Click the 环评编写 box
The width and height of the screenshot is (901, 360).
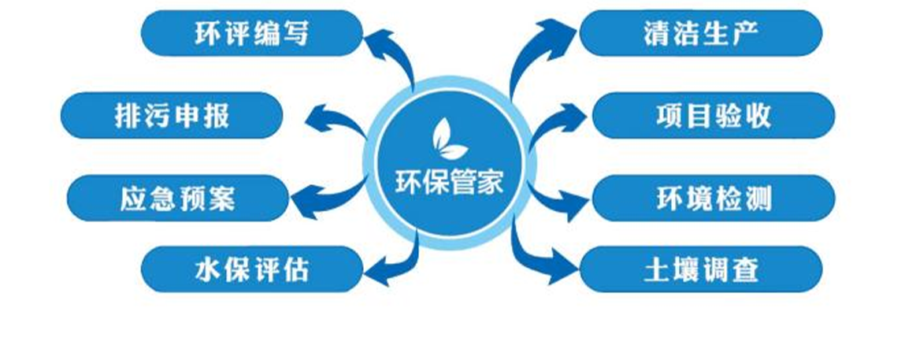click(x=251, y=33)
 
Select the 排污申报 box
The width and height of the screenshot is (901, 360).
click(x=171, y=116)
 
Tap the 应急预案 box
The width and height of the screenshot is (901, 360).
click(x=176, y=198)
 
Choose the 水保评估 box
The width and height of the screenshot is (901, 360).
click(x=251, y=269)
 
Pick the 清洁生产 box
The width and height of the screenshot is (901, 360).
click(x=700, y=33)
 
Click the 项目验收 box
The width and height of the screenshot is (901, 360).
click(x=713, y=116)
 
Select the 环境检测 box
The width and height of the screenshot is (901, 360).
click(x=713, y=198)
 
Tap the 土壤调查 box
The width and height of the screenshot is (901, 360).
click(x=700, y=269)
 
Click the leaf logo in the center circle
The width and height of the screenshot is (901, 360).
click(x=449, y=138)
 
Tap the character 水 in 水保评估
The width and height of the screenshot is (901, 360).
click(x=206, y=269)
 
